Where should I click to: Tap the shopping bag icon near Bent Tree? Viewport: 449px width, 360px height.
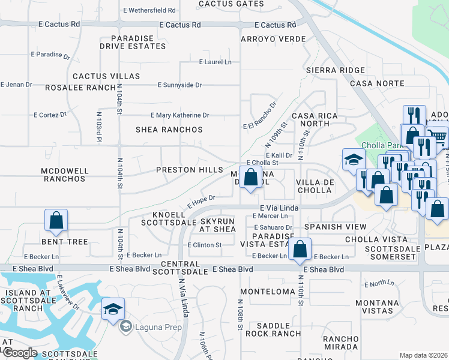tap(56, 220)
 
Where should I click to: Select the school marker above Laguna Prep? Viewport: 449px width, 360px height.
tap(113, 309)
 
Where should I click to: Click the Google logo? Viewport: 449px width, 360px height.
tap(19, 353)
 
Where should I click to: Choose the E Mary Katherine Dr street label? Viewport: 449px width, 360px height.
tap(179, 115)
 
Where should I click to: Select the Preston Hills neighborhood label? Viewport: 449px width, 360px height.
tap(190, 170)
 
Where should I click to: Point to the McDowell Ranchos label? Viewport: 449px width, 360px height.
tap(65, 175)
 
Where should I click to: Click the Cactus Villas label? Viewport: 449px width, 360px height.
tap(106, 77)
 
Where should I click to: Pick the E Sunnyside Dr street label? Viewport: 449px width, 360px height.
tap(179, 85)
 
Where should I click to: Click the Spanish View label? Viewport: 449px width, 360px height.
tap(335, 227)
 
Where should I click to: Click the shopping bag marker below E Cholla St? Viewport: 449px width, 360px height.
tap(252, 177)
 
